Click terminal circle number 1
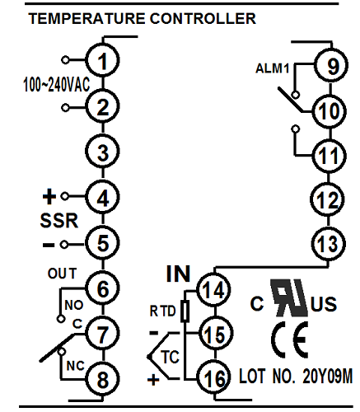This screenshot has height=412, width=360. pos(102,60)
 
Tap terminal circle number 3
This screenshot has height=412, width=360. pos(102,152)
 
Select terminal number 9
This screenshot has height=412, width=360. pos(331,65)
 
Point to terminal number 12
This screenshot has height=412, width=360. pos(327,199)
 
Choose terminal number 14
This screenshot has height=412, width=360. pos(214,290)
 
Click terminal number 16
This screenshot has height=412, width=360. pos(214,378)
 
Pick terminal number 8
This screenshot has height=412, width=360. pos(102,379)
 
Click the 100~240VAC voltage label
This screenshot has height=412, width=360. pos(57,84)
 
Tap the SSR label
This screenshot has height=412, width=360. pos(59,220)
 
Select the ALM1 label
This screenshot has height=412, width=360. pos(273,68)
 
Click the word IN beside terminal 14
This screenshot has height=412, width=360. pos(178,274)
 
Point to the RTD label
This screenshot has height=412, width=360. pos(162,311)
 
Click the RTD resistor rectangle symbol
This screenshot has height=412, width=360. pos(185,311)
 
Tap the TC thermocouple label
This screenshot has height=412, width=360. pos(171,357)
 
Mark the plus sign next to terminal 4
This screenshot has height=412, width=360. pos(49,196)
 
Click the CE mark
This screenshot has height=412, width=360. pos(289,339)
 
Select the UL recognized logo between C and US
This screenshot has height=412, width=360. pos(289,298)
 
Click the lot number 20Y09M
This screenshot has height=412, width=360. pos(327,376)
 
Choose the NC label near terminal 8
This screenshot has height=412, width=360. pos(76,366)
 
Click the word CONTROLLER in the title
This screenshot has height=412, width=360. pos(203,19)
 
